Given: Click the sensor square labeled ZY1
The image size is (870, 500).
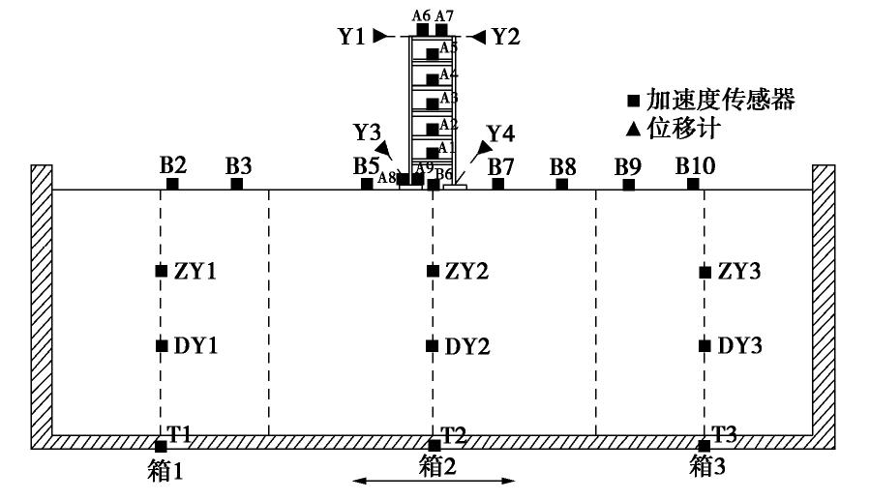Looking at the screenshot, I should pyautogui.click(x=162, y=271).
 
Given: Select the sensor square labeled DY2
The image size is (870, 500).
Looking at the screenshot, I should pyautogui.click(x=433, y=345).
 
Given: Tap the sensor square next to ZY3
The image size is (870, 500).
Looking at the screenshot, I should pyautogui.click(x=705, y=272).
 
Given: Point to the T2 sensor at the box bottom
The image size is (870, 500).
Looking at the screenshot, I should pyautogui.click(x=435, y=445).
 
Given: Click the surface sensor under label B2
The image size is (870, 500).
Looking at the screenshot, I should pyautogui.click(x=172, y=184).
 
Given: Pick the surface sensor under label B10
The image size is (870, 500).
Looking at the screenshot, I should pyautogui.click(x=693, y=184).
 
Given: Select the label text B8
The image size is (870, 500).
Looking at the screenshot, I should pyautogui.click(x=563, y=166).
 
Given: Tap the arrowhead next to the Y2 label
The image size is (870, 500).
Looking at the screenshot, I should pyautogui.click(x=479, y=37).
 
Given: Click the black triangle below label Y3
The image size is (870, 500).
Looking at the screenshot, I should pyautogui.click(x=386, y=149).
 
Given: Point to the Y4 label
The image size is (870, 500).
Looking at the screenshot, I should pyautogui.click(x=500, y=132).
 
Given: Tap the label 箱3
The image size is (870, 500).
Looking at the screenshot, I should pyautogui.click(x=706, y=466).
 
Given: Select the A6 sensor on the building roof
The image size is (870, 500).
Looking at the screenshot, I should pyautogui.click(x=423, y=29).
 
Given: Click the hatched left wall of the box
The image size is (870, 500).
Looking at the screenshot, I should pyautogui.click(x=42, y=300).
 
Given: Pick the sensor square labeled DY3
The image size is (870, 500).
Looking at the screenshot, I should pyautogui.click(x=705, y=345).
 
